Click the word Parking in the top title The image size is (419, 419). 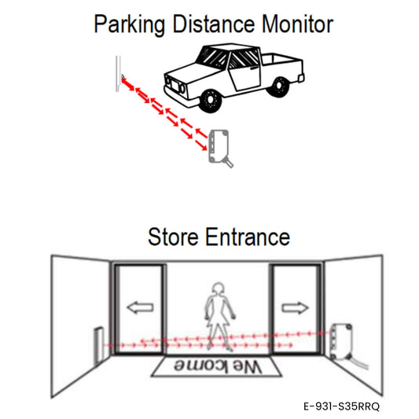tap(130, 24)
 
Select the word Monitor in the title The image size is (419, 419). tap(297, 24)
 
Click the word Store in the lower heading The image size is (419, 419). tap(173, 237)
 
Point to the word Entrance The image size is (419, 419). tap(248, 237)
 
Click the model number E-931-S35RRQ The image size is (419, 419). tap(341, 406)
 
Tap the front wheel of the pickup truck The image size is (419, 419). tap(211, 100)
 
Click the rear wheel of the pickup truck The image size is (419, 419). tap(279, 86)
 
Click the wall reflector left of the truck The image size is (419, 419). tap(118, 73)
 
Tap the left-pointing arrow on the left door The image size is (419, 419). tap(140, 307)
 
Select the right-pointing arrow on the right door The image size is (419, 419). tap(295, 307)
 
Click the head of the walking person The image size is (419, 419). tap(218, 289)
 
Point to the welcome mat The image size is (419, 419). tap(216, 366)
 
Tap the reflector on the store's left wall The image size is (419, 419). tap(99, 345)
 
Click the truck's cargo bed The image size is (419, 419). tap(282, 64)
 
